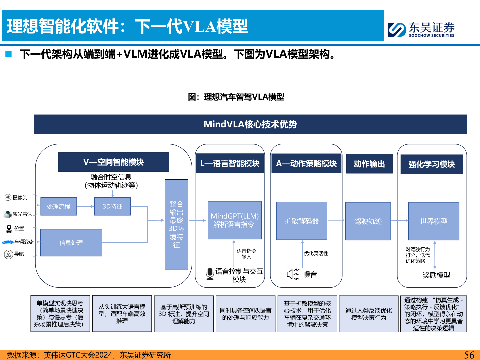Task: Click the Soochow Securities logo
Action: click(421, 29)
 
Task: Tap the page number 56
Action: click(469, 355)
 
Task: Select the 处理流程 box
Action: click(59, 206)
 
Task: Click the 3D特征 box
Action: click(112, 206)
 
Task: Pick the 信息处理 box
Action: click(71, 243)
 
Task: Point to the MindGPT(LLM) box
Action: click(234, 220)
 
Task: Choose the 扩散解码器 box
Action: click(301, 221)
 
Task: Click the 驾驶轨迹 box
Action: click(368, 221)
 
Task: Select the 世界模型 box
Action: click(434, 221)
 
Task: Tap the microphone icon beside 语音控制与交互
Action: click(210, 274)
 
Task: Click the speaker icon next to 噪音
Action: click(293, 274)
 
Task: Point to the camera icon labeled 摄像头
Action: click(8, 198)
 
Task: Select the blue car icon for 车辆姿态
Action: click(8, 242)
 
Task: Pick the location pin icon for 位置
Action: click(9, 228)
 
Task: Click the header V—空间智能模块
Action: click(113, 162)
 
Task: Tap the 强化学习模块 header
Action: click(431, 164)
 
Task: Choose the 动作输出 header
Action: click(369, 164)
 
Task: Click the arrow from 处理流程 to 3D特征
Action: click(86, 206)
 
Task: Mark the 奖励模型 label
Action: click(436, 275)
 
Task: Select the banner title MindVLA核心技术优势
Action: click(250, 124)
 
